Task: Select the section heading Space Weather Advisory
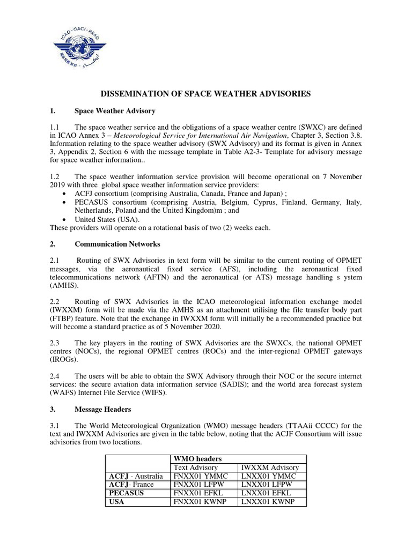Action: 115,111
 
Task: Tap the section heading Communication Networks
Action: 117,244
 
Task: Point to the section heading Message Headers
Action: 102,409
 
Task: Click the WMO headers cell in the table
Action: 195,458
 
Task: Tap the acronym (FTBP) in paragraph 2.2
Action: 64,318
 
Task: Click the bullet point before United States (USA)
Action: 65,219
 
